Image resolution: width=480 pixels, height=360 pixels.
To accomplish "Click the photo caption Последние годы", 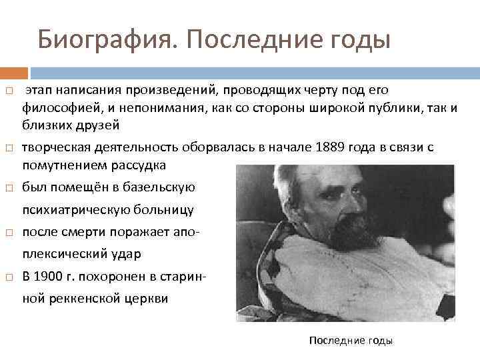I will (x=351, y=341).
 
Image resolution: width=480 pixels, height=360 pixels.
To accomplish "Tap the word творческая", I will (x=53, y=147).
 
